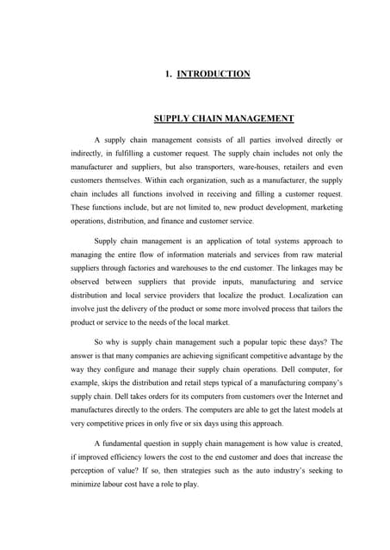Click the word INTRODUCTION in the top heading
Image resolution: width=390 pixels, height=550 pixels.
click(x=213, y=74)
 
